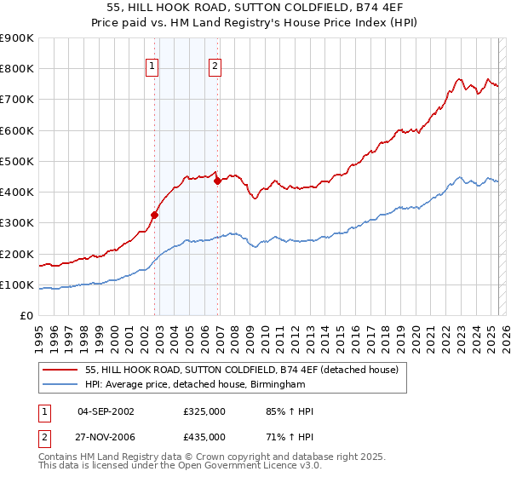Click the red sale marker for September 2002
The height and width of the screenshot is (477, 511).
(x=155, y=215)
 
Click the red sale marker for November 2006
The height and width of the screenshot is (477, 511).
(x=218, y=181)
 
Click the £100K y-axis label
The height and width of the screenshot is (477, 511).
(x=17, y=284)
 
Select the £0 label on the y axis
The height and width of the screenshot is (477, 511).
(x=27, y=316)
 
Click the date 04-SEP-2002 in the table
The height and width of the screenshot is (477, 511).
(x=106, y=411)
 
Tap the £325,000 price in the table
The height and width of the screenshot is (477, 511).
(x=204, y=411)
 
